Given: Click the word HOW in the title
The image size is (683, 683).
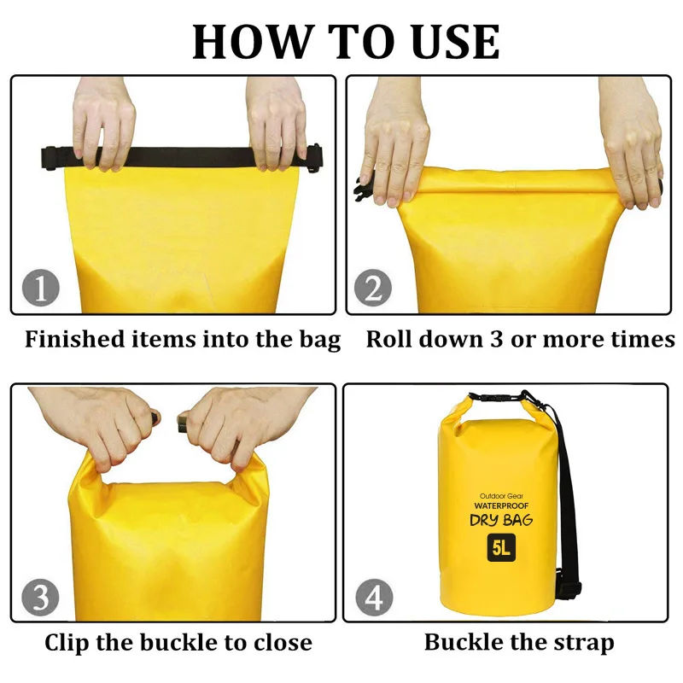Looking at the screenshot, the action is pos(253,42).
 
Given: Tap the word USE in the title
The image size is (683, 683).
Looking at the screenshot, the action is pos(456,42).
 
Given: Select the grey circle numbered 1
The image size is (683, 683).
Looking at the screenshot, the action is pos(40,288).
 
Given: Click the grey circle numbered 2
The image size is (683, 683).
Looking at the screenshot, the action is pos(373,288).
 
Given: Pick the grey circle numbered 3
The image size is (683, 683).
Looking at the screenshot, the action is pos(40,597).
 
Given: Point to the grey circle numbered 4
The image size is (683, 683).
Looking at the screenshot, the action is pos(374,597).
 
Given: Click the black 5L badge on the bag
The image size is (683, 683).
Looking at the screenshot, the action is pos(501,547).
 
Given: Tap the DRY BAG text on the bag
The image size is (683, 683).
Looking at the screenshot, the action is pos(501,520).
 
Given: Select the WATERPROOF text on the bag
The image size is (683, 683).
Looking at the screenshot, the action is pos(501,505).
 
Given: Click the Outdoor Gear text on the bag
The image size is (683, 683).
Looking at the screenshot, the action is pos(501,496).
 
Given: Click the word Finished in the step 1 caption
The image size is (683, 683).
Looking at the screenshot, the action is pos(75,339).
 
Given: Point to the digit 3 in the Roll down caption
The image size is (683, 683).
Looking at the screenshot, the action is pos(497,339).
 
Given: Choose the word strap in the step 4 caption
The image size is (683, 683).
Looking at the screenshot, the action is pos(585,644).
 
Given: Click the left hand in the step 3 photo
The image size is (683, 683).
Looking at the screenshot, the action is pos(102,429).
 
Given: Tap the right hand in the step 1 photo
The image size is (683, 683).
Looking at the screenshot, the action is pos(277,124).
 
